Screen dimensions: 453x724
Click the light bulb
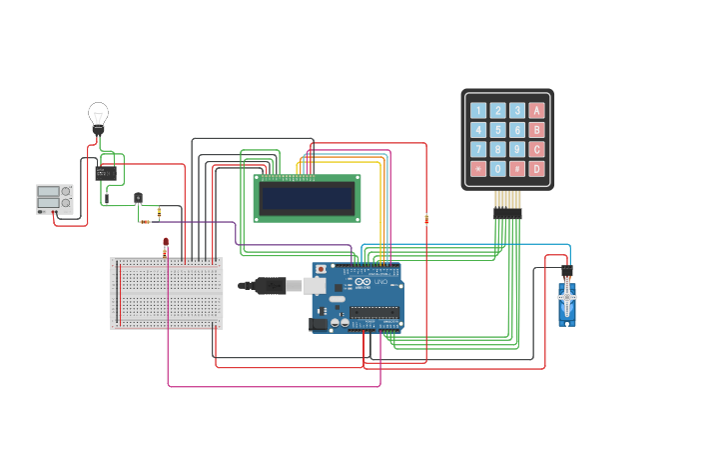[98, 115]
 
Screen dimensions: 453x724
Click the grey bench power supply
[55, 198]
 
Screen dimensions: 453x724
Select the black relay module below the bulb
[106, 173]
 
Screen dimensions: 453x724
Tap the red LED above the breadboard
[166, 242]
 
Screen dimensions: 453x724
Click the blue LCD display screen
[307, 198]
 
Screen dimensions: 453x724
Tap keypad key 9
[517, 149]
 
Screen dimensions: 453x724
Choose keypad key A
[537, 111]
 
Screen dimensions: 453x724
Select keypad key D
[537, 169]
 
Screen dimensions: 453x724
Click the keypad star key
[478, 169]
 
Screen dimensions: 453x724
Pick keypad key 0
[497, 169]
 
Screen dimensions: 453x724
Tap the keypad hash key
[517, 169]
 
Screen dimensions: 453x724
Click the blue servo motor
[567, 303]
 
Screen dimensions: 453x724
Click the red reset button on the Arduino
[321, 269]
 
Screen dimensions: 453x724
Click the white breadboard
[167, 293]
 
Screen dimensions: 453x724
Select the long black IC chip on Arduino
[374, 312]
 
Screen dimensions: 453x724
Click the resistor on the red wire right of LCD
[426, 219]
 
